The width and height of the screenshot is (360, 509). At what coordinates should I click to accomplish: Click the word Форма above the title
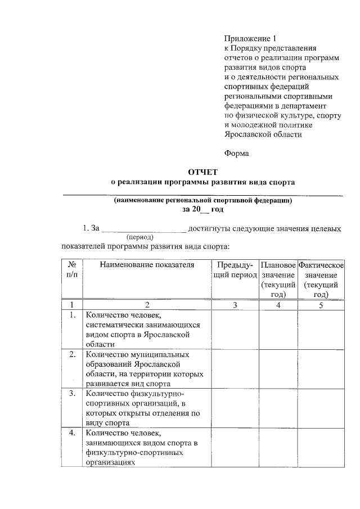tap(236, 152)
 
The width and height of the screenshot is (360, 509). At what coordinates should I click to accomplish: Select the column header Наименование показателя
tap(147, 264)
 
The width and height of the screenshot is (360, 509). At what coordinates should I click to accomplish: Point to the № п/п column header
tap(72, 269)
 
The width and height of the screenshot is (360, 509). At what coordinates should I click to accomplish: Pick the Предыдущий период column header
tap(235, 269)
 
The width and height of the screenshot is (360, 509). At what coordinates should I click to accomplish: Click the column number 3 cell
tap(235, 305)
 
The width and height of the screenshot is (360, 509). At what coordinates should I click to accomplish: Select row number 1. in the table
tap(72, 315)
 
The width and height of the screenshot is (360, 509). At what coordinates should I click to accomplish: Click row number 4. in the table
tap(72, 433)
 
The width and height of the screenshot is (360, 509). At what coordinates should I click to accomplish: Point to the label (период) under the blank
tap(141, 238)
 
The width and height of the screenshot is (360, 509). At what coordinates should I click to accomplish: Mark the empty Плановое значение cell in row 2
tap(278, 368)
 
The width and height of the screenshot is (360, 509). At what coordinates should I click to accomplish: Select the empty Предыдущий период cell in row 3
tap(235, 408)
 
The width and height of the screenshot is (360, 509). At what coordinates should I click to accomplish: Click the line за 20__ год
tap(202, 209)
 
